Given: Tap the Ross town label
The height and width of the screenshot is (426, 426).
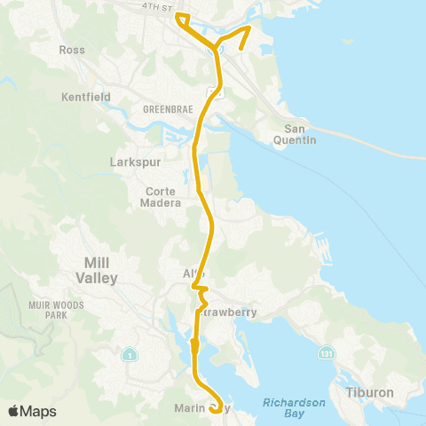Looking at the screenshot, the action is coord(72,50).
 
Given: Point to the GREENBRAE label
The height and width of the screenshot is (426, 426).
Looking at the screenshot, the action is coord(162,109).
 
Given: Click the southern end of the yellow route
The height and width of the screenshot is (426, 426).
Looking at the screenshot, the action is coord(215,410).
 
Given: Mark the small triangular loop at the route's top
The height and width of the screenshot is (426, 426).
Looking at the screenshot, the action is coord(182,20).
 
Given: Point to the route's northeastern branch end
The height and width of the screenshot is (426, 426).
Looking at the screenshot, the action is coord(241,47).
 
